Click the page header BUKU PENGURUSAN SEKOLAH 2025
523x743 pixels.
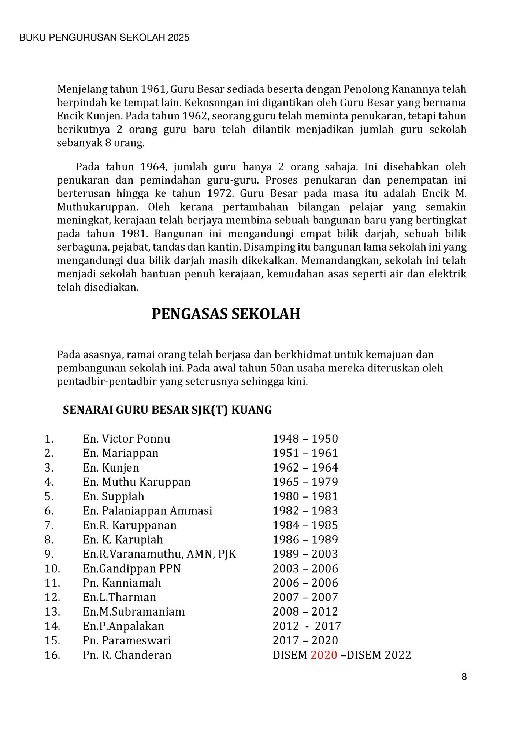click(x=104, y=38)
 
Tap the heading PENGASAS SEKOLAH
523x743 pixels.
click(x=226, y=314)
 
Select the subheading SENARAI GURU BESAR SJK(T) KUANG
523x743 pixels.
click(x=167, y=410)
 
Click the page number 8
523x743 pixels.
click(x=464, y=677)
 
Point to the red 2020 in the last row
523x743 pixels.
click(x=324, y=655)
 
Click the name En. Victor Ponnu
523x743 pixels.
click(x=126, y=439)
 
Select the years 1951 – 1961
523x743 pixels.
click(x=305, y=453)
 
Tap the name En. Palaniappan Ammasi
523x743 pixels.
click(x=147, y=511)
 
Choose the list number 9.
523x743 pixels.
click(x=49, y=554)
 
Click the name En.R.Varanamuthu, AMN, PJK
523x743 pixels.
click(x=159, y=554)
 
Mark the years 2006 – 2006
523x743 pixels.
click(x=305, y=583)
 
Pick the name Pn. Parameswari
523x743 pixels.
click(x=127, y=640)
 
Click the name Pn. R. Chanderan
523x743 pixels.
click(x=127, y=655)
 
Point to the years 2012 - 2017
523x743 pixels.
click(x=307, y=626)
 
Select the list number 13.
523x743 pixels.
click(x=52, y=612)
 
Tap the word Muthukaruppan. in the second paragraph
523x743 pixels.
click(x=97, y=207)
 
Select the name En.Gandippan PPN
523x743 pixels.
click(x=131, y=569)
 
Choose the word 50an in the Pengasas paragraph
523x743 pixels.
click(x=279, y=368)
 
